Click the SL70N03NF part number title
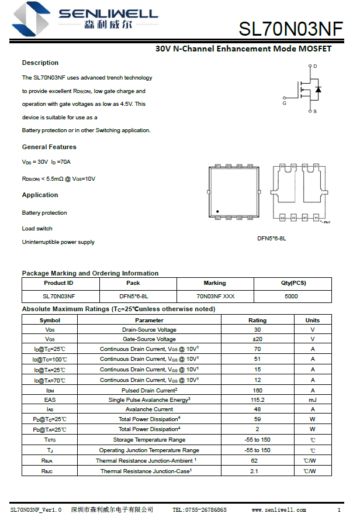[290, 29]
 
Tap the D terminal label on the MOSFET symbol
[315, 67]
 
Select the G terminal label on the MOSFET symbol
[285, 103]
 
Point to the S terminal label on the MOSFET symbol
[315, 111]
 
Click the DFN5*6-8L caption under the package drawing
[272, 239]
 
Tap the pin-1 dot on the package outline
[217, 212]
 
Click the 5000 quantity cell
[291, 296]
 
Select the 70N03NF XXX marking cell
[215, 296]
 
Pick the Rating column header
[257, 321]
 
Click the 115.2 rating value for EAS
[257, 400]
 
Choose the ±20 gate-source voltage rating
[257, 339]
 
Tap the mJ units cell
[313, 400]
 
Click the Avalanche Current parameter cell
[149, 409]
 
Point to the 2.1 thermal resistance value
[254, 471]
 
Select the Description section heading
[40, 63]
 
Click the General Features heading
[49, 147]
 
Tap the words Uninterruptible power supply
[58, 242]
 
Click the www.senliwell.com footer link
[279, 510]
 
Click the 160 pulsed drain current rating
[257, 390]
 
